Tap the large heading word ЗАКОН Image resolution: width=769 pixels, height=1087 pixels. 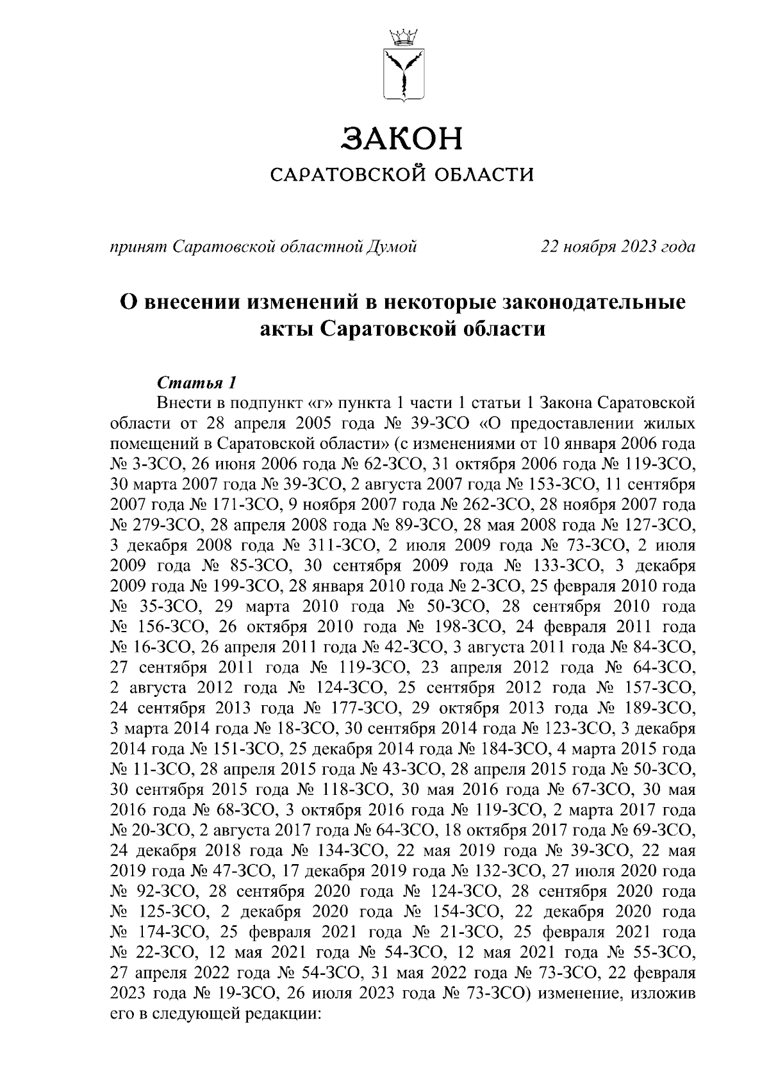pyautogui.click(x=402, y=138)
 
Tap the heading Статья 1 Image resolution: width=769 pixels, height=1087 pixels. pyautogui.click(x=197, y=383)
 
